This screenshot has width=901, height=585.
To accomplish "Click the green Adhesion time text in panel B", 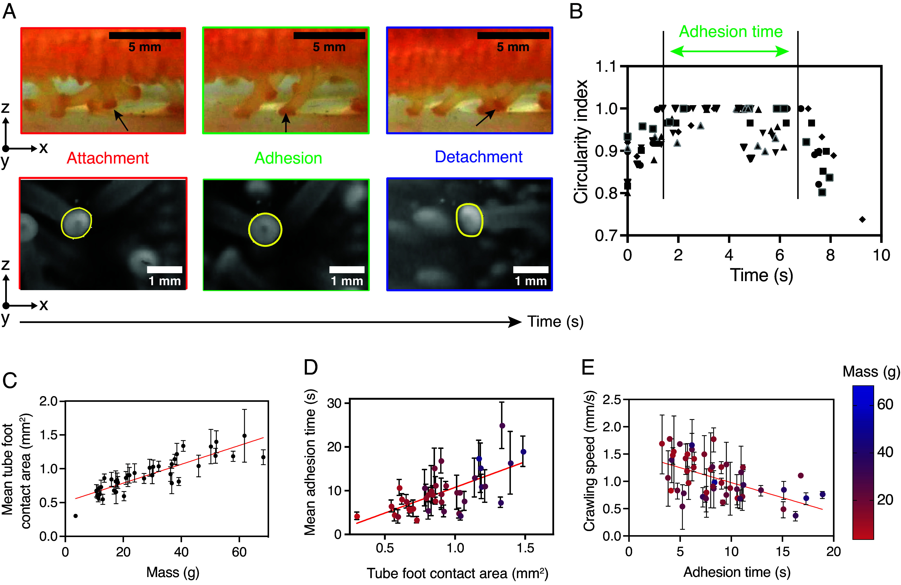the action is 731,31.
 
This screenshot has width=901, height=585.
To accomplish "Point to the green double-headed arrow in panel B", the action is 729,52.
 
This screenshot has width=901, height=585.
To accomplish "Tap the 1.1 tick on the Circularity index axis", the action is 606,67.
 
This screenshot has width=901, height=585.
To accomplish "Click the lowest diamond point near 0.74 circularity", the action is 862,219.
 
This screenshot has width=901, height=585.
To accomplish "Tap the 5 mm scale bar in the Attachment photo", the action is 145,36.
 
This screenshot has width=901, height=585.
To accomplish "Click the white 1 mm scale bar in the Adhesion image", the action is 347,270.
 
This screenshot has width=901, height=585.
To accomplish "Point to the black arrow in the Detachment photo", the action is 485,118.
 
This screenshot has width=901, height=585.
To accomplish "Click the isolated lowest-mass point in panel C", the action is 75,516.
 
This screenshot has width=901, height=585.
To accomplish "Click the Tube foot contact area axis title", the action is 457,573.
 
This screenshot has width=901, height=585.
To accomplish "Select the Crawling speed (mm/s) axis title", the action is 589,461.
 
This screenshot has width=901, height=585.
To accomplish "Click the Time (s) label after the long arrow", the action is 555,322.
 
